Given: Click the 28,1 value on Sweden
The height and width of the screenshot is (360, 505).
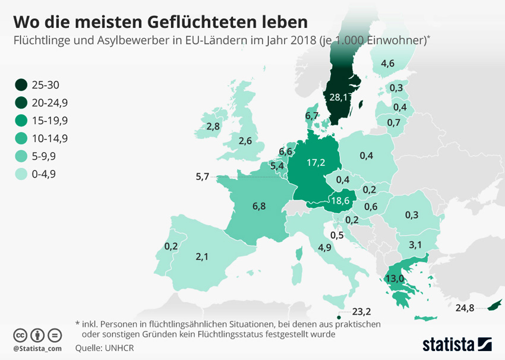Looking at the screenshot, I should tap(335, 97).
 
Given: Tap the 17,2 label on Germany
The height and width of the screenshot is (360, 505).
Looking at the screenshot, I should tap(315, 162).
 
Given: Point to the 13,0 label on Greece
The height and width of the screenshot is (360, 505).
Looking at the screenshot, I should tap(395, 278).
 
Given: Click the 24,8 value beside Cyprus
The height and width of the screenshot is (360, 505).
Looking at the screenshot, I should tap(465, 308).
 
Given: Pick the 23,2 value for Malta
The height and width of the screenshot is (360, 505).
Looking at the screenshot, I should tap(361, 311).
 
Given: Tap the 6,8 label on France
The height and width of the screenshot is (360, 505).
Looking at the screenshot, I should tap(259, 207).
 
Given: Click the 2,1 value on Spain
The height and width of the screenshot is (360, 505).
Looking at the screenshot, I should tap(203, 257).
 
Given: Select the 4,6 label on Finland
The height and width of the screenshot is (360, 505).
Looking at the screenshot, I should tap(389, 64).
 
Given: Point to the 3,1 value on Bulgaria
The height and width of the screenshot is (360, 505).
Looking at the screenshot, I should tap(415, 245).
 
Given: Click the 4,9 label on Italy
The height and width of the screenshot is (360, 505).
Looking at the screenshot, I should tap(324, 248).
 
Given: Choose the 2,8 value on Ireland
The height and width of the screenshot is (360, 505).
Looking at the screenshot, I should tap(213, 126).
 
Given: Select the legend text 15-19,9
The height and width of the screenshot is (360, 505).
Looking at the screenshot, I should tap(50, 121).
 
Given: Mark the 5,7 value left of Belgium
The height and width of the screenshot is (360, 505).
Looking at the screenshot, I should tap(203, 176).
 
